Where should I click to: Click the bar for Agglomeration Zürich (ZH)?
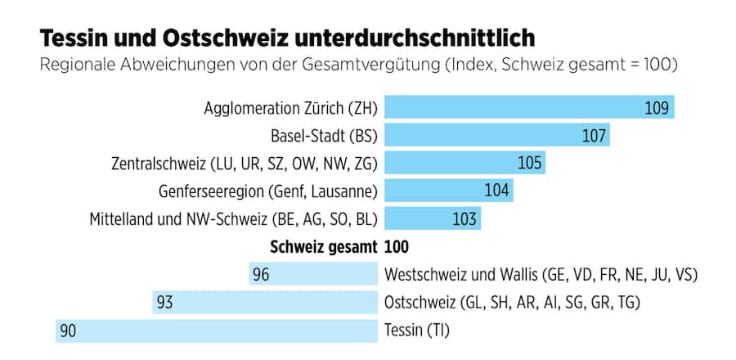pyautogui.click(x=529, y=108)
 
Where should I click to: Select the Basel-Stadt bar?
pyautogui.click(x=497, y=135)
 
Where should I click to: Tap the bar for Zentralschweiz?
pyautogui.click(x=464, y=163)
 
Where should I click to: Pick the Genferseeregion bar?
pyautogui.click(x=448, y=191)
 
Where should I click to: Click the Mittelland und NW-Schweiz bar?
pyautogui.click(x=433, y=218)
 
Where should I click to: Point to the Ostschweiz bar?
pyautogui.click(x=265, y=302)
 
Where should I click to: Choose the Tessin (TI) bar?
pyautogui.click(x=216, y=331)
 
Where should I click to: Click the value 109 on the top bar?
pyautogui.click(x=657, y=108)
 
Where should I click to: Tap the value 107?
pyautogui.click(x=594, y=135)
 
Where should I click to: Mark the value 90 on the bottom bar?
pyautogui.click(x=68, y=331)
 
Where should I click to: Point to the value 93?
pyautogui.click(x=165, y=302)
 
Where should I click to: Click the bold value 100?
pyautogui.click(x=397, y=246)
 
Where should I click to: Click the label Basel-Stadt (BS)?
pyautogui.click(x=324, y=135)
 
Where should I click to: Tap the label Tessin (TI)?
pyautogui.click(x=416, y=331)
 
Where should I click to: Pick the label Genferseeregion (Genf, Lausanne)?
pyautogui.click(x=268, y=191)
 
